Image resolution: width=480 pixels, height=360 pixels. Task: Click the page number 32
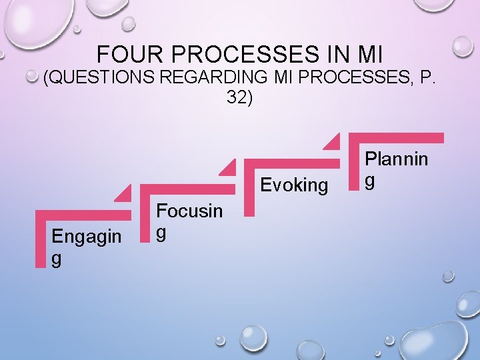[x=239, y=97]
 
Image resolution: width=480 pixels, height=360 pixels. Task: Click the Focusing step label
[x=189, y=221]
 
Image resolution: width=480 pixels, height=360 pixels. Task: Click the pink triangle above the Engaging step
[x=123, y=193]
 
